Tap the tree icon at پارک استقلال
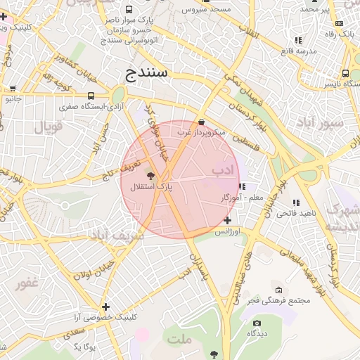tap(151, 174)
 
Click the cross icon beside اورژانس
tap(227, 220)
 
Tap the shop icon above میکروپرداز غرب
tap(202, 121)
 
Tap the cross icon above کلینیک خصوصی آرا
tap(105, 307)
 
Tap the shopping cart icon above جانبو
tap(13, 89)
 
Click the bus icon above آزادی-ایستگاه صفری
tap(91, 95)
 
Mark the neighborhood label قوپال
tap(49, 127)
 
